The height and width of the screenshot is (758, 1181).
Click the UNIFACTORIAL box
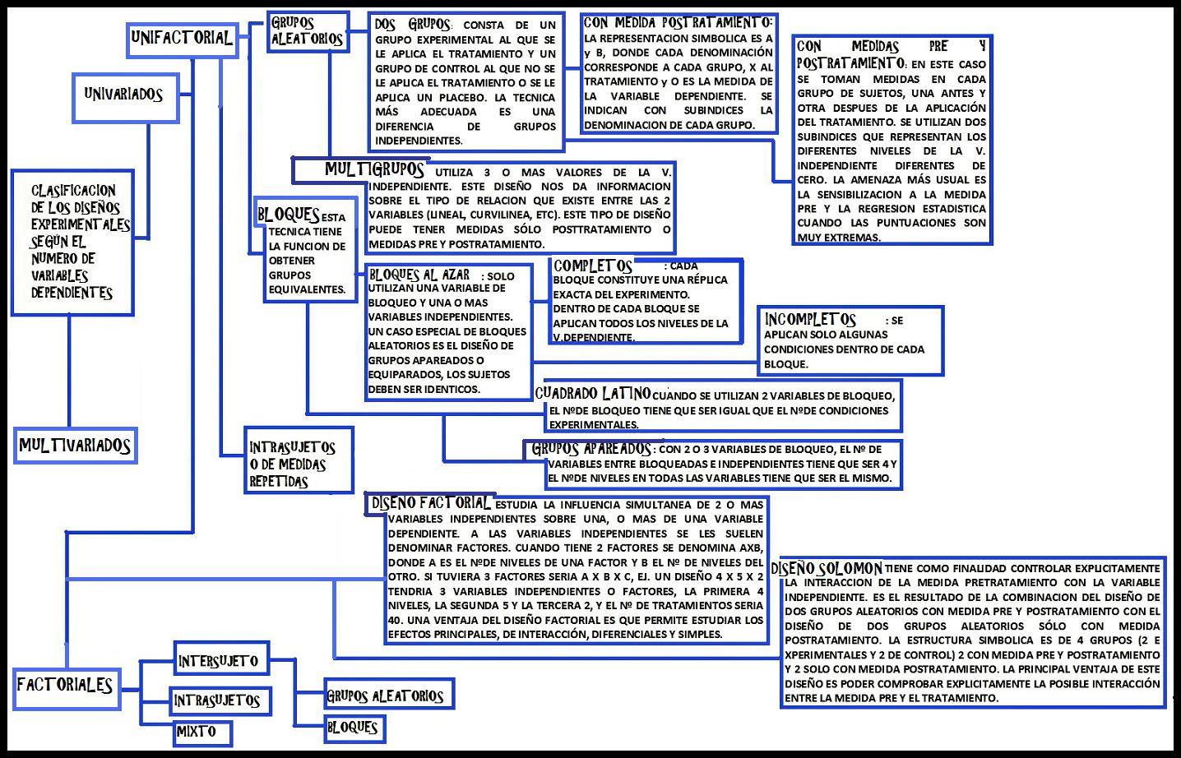[182, 37]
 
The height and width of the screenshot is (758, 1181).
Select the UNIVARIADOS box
[124, 95]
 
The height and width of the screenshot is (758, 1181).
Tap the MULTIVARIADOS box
[75, 446]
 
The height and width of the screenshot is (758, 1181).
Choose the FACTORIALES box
[65, 685]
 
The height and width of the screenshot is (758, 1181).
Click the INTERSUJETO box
[219, 661]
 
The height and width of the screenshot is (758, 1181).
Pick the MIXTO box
[197, 732]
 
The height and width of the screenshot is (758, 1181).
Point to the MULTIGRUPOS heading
[374, 170]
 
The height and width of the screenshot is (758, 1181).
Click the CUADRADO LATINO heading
[592, 394]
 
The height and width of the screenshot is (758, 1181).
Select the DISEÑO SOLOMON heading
[827, 568]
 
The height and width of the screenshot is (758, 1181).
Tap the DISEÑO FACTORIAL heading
[431, 503]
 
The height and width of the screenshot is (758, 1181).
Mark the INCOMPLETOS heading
[809, 319]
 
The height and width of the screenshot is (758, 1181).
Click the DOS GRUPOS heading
[413, 25]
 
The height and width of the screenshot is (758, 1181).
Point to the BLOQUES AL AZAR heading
[419, 275]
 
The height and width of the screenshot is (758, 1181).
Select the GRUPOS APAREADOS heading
[591, 449]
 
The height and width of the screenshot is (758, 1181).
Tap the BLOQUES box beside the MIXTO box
[352, 728]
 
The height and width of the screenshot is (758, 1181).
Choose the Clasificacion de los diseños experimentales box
[72, 242]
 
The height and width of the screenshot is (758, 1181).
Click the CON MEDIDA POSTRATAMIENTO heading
[677, 23]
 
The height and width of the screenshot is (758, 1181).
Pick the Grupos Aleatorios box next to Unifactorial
[307, 31]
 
